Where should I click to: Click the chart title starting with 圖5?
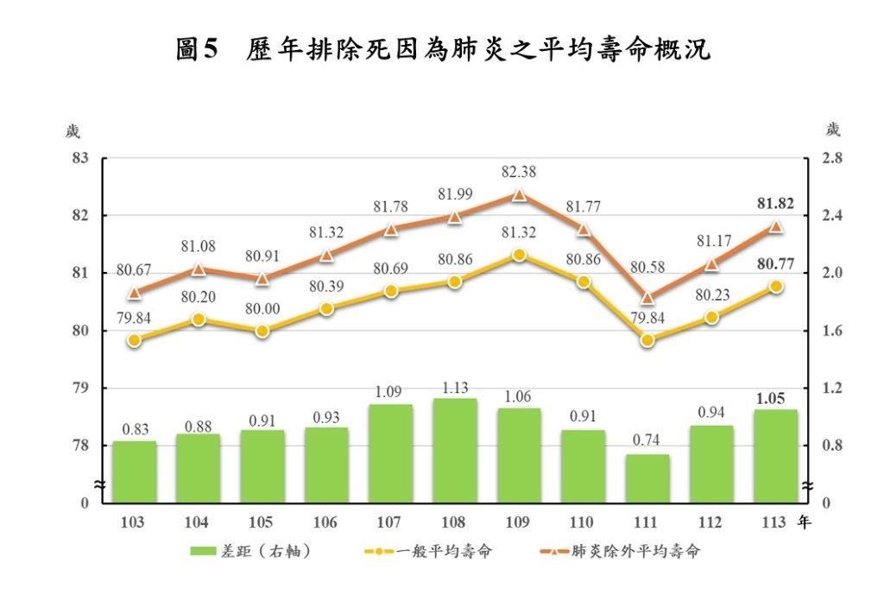pos(442,49)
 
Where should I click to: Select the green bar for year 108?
pos(454,450)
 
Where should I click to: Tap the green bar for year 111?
pos(647,478)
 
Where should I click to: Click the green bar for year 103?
pos(134,471)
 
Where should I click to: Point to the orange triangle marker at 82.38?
pos(519,195)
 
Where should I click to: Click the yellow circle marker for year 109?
pos(519,256)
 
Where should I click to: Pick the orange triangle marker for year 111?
pos(647,298)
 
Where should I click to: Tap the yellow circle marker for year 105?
pos(262,331)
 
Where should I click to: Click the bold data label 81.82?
pos(775,205)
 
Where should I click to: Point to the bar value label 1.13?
pos(454,387)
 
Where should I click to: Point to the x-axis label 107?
pos(390,522)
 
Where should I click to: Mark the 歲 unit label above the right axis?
pos(831,130)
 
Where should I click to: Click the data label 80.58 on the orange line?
pos(647,268)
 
